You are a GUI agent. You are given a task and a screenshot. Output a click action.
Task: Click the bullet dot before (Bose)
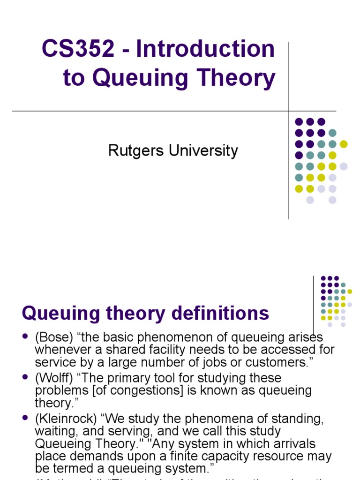tap(25, 337)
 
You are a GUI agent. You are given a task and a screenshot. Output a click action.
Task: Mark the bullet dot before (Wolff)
tap(25, 378)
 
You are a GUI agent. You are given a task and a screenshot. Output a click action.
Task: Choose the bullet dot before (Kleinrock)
tap(25, 419)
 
